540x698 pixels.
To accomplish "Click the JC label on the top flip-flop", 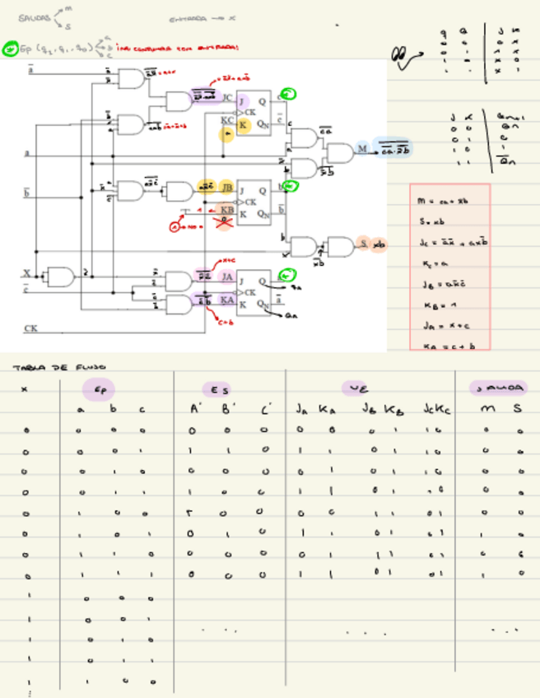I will [228, 99].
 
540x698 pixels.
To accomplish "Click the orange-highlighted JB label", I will [227, 188].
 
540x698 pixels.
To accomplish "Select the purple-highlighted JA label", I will [228, 277].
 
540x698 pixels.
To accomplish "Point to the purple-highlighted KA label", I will [228, 300].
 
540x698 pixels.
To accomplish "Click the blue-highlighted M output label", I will [361, 149].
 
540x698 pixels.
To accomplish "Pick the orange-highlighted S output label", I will [363, 244].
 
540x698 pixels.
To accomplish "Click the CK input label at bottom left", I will [31, 328].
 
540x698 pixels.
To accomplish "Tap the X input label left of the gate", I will [26, 272].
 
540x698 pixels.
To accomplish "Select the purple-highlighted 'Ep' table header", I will [99, 389].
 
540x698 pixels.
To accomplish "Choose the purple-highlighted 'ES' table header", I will [218, 389].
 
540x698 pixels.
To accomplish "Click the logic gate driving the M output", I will [337, 152].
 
